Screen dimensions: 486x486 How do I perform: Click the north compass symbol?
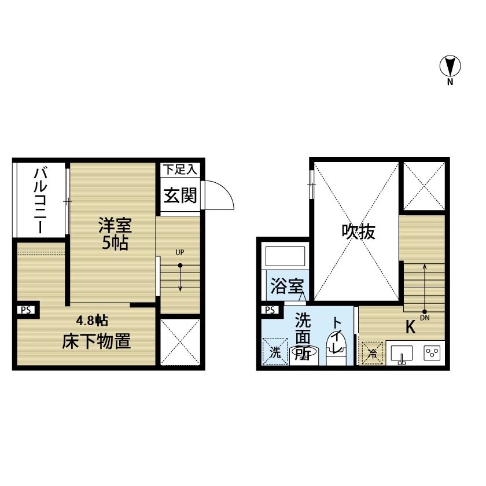450,66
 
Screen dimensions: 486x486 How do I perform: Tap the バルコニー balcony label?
41,200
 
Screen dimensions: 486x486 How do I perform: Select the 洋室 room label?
115,225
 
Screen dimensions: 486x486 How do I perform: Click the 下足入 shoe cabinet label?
180,170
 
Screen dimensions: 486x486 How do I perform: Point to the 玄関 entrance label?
180,196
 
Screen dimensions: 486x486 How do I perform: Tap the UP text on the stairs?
180,252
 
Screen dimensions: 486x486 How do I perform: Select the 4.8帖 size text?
92,321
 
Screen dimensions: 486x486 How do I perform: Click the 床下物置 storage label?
97,341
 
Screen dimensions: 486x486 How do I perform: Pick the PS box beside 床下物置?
27,310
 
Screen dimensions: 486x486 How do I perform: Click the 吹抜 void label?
359,231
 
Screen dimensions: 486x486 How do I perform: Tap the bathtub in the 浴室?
285,256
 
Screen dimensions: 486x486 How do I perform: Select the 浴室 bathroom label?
288,286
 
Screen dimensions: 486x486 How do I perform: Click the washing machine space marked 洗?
275,352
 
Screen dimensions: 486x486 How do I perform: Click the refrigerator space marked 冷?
373,353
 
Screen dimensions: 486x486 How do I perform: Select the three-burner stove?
432,353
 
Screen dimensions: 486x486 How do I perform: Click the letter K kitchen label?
410,327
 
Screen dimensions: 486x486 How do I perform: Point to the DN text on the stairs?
425,318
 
